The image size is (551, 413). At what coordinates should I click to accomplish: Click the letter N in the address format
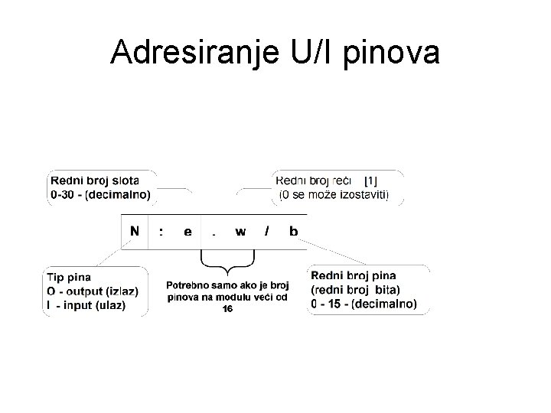135,232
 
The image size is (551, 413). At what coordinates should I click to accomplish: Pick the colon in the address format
160,232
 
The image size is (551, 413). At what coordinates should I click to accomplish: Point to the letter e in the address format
187,232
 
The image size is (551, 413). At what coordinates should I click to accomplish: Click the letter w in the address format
240,232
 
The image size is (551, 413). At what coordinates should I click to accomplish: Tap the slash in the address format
266,232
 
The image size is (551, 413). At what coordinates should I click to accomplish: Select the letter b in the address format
293,232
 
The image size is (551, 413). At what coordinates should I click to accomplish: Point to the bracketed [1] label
371,181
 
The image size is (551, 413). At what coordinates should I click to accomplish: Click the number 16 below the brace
227,308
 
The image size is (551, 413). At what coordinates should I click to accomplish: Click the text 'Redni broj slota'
95,181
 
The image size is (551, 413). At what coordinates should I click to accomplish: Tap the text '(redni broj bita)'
355,289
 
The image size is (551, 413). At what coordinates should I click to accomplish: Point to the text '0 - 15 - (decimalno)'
364,304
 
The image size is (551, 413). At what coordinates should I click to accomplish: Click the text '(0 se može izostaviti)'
334,195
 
